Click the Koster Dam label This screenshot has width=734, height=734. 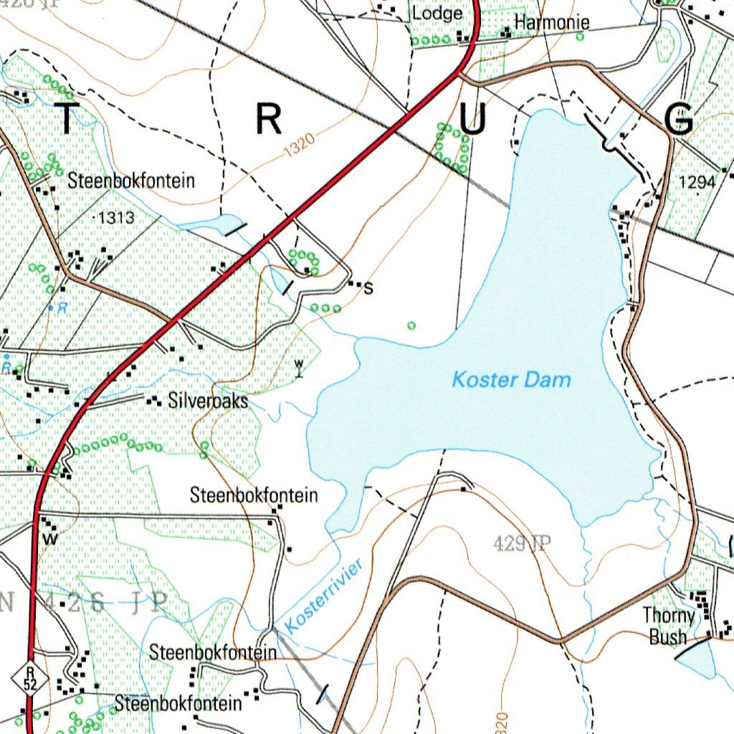pyautogui.click(x=511, y=379)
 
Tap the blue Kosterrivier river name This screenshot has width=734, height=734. pyautogui.click(x=325, y=595)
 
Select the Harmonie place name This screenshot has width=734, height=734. pyautogui.click(x=551, y=23)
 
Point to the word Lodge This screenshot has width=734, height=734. pyautogui.click(x=436, y=14)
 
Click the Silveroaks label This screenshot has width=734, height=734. pyautogui.click(x=208, y=401)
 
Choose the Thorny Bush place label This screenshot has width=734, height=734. pyautogui.click(x=669, y=626)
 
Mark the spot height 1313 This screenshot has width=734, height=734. pyautogui.click(x=115, y=218)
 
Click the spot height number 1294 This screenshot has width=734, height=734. pyautogui.click(x=697, y=183)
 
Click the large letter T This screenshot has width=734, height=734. pyautogui.click(x=66, y=120)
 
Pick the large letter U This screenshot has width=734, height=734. pyautogui.click(x=473, y=120)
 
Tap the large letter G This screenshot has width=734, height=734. pyautogui.click(x=678, y=120)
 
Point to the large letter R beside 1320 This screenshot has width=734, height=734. pyautogui.click(x=269, y=120)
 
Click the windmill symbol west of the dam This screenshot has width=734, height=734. pyautogui.click(x=299, y=368)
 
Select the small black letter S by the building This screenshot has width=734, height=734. pyautogui.click(x=368, y=290)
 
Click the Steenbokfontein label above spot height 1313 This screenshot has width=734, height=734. pyautogui.click(x=131, y=180)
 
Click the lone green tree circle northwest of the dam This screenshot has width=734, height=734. pyautogui.click(x=411, y=326)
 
